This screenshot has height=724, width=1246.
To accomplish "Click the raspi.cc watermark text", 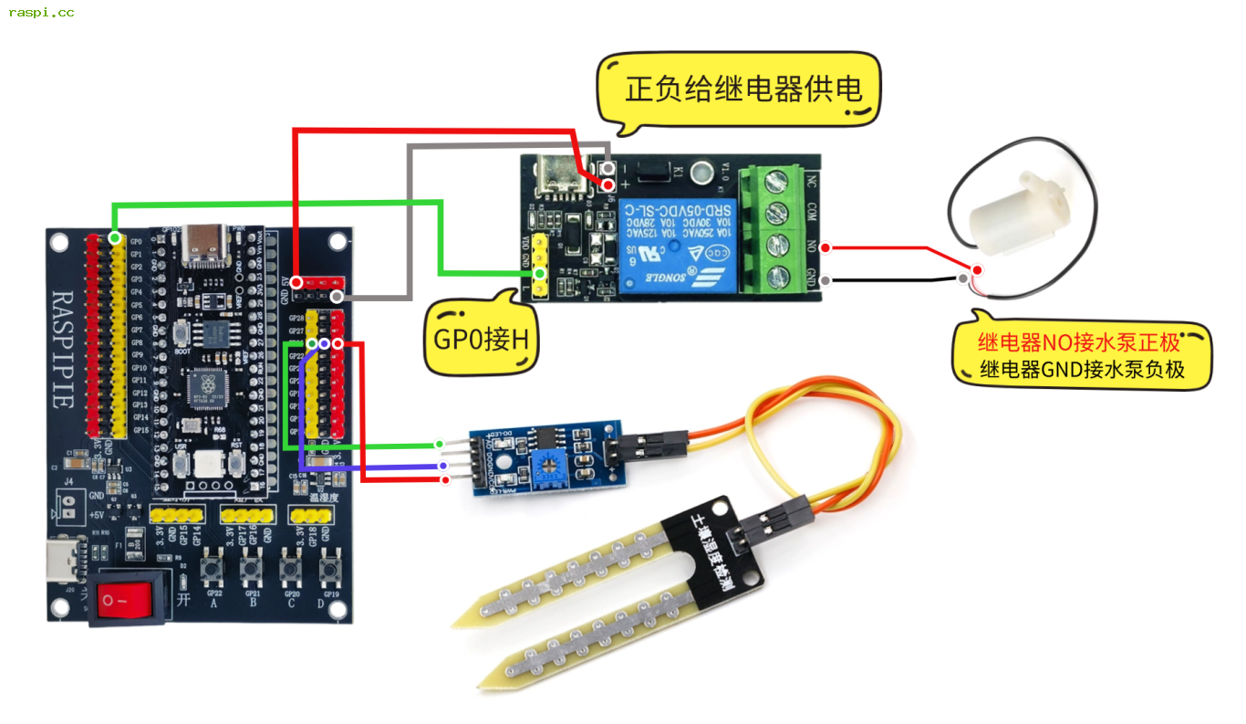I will (x=41, y=13).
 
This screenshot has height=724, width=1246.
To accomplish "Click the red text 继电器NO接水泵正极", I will (x=1079, y=343).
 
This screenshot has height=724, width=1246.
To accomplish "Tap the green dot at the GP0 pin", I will (x=114, y=238).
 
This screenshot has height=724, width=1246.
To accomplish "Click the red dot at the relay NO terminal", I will (x=825, y=247).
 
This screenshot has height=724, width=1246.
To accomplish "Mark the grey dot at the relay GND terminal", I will (x=825, y=280).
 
